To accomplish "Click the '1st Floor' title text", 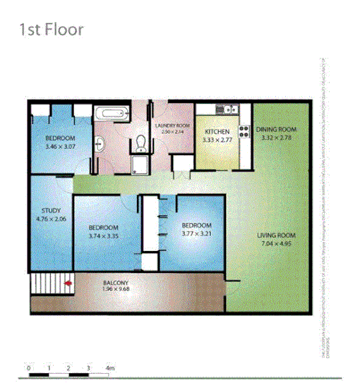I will (x=52, y=30).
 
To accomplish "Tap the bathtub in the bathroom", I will (x=112, y=114).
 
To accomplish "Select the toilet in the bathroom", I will (x=140, y=144).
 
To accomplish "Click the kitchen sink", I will (x=227, y=109).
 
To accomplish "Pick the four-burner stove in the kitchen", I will (x=245, y=130).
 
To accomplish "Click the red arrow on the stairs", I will (x=68, y=284).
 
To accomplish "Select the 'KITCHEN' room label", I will (x=217, y=132).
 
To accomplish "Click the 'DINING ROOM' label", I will (x=276, y=130).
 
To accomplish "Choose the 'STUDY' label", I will (x=51, y=210).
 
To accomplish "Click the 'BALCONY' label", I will (x=116, y=282).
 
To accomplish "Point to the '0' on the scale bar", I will (x=28, y=368).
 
